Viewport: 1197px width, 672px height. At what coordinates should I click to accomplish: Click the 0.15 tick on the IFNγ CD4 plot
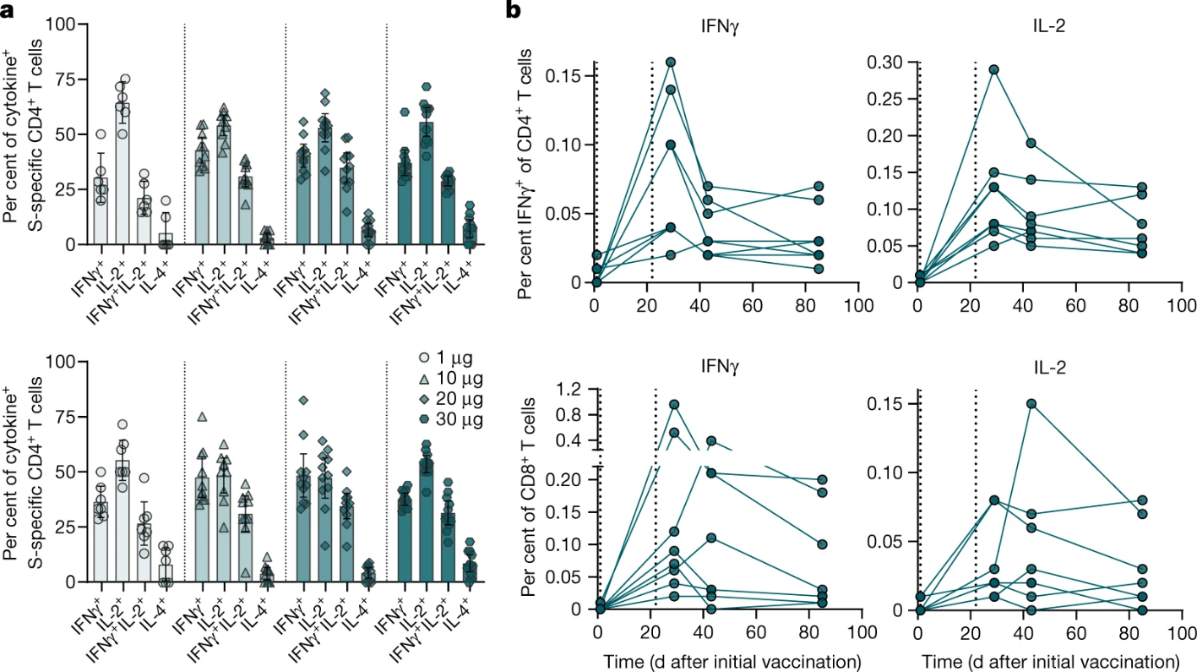[x=563, y=76]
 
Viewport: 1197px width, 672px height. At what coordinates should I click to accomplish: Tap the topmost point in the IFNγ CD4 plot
[x=671, y=62]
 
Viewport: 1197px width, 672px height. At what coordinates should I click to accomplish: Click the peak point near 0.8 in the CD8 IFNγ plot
[x=674, y=404]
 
